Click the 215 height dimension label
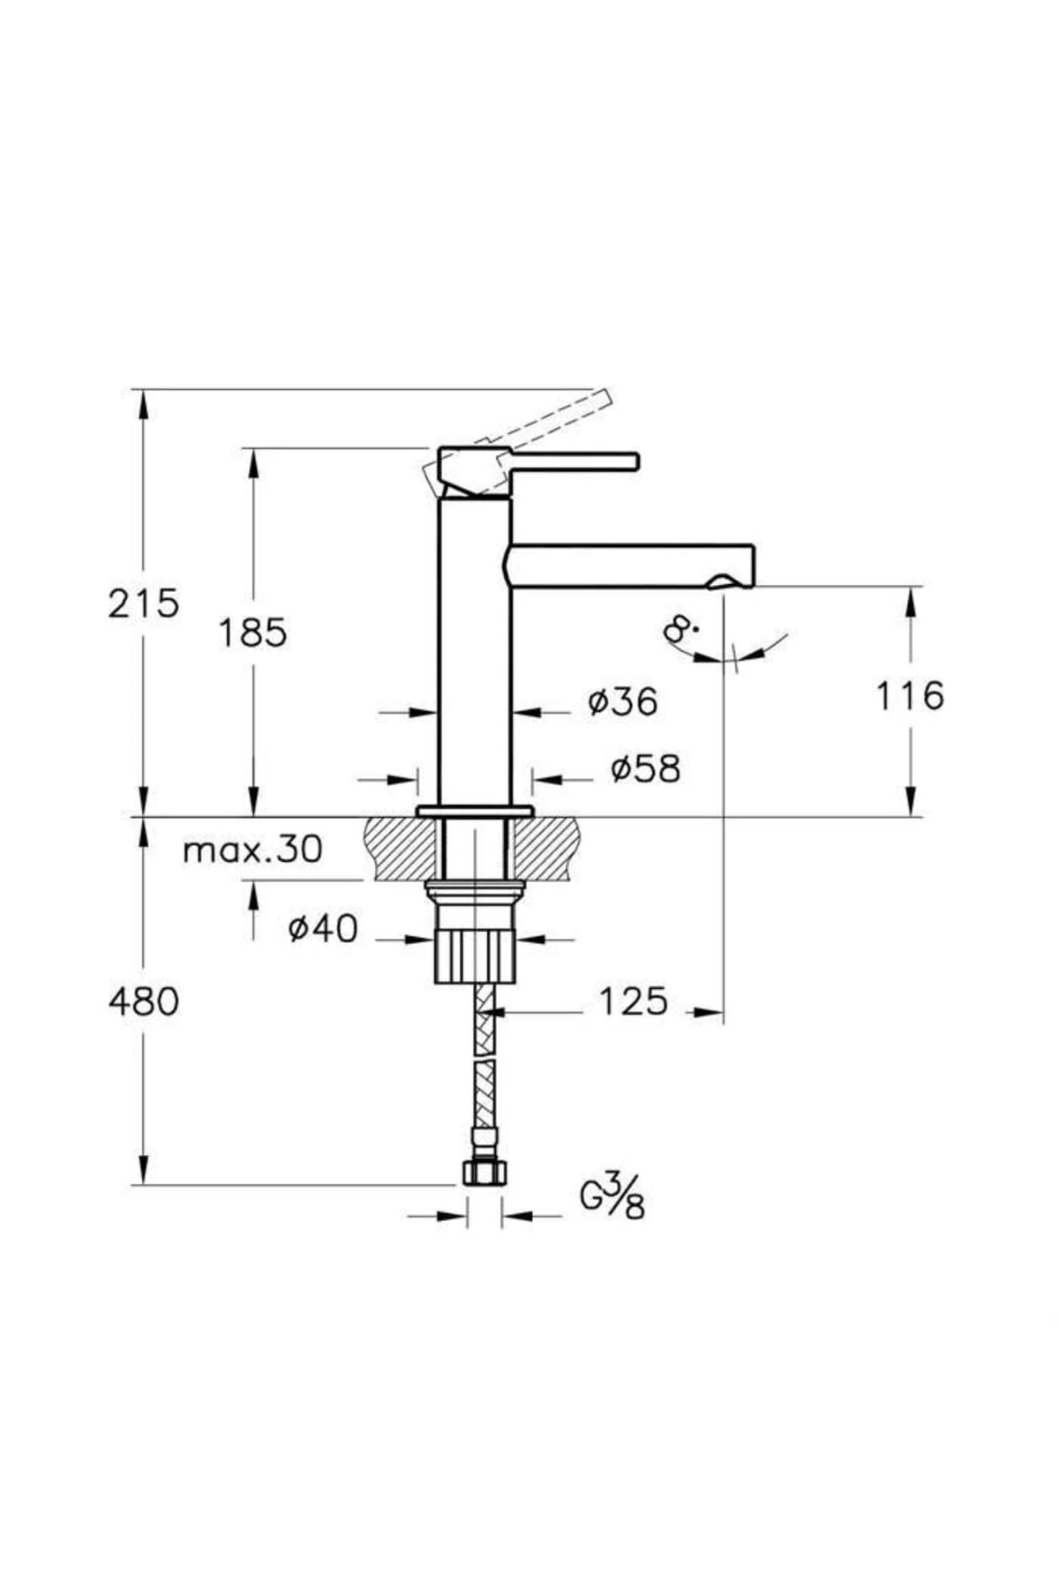pos(143,604)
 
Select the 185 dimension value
pos(252,633)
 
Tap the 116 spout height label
pos(909,696)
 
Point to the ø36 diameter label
pos(623,702)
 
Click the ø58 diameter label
pos(646,769)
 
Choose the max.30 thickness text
pos(252,850)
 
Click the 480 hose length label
pos(143,1001)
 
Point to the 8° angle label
pos(680,629)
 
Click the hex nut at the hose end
pos(484,1172)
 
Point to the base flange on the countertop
pos(475,811)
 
